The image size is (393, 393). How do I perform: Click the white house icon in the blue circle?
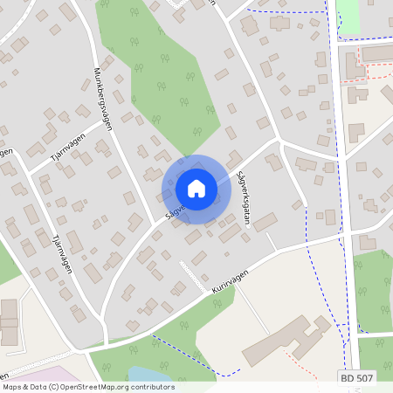click(x=196, y=188)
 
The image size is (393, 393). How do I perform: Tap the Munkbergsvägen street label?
click(x=102, y=100)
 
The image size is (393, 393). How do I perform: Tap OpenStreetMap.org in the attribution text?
click(x=93, y=386)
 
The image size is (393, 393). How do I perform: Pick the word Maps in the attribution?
click(x=12, y=386)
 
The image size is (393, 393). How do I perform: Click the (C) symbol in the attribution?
click(x=53, y=386)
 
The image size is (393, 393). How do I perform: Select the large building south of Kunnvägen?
click(x=285, y=341)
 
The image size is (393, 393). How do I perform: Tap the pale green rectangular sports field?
click(x=348, y=17)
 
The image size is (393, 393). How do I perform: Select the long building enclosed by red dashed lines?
click(x=378, y=54)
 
